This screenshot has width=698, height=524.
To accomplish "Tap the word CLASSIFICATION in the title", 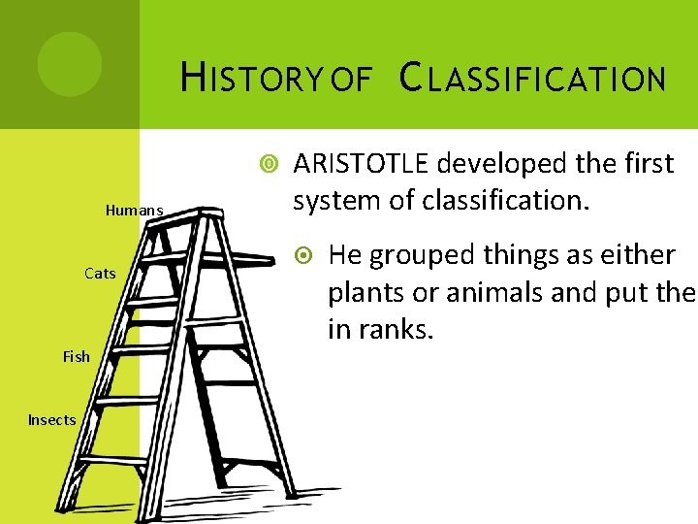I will click(x=533, y=78).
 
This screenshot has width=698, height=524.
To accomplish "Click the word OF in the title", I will click(x=351, y=79).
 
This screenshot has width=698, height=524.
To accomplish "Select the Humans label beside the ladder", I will click(x=134, y=210).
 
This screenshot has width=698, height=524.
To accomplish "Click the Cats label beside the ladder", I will click(x=100, y=274).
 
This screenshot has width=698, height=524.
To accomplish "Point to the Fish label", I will click(x=77, y=356).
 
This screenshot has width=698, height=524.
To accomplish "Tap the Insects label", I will click(x=52, y=420).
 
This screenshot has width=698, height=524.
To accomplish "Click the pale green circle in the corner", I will click(x=69, y=64).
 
